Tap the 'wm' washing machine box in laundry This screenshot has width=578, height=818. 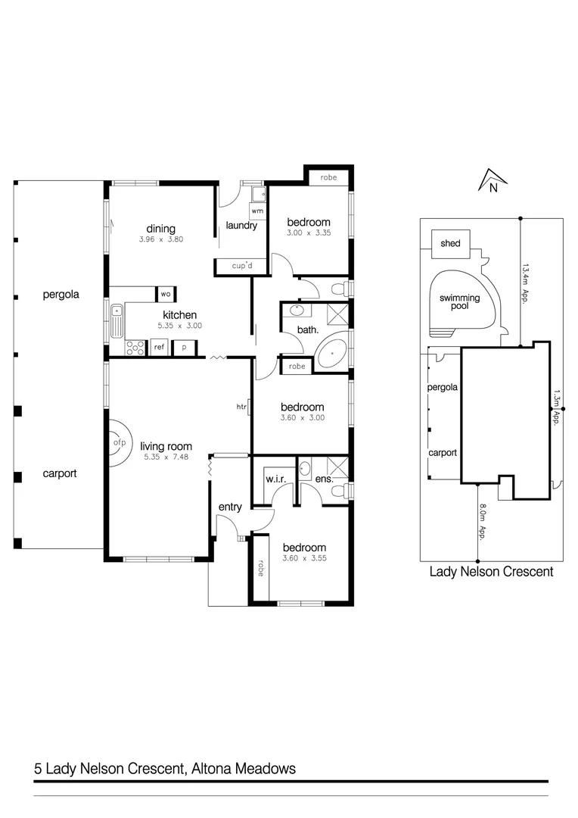tap(257, 210)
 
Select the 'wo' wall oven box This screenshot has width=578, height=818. tap(164, 294)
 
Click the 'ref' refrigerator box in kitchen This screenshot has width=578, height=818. tap(159, 348)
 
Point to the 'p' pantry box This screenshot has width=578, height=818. tap(184, 348)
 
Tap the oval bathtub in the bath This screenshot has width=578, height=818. tap(331, 354)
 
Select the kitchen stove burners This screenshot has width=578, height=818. tap(135, 348)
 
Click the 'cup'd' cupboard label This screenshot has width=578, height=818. tap(240, 266)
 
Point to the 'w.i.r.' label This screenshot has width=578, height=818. tap(273, 479)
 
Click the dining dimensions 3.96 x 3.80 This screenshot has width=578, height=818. tap(161, 239)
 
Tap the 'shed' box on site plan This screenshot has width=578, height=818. tap(450, 243)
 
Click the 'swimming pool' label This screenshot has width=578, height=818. tap(459, 302)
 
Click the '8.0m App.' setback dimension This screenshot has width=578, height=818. tap(481, 523)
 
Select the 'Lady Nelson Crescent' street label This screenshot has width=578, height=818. tap(491, 572)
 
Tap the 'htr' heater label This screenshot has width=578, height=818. tap(241, 407)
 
